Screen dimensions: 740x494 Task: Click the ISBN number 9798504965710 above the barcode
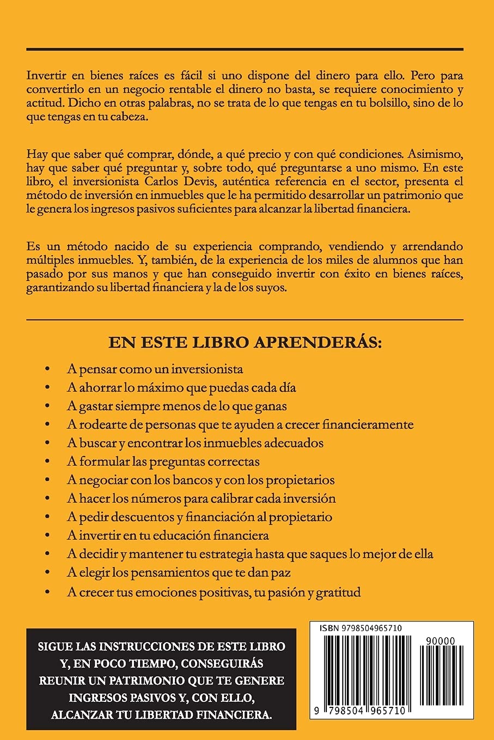click(370, 628)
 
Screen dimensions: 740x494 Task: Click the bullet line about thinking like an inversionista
click(155, 368)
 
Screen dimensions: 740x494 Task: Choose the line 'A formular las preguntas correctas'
click(163, 461)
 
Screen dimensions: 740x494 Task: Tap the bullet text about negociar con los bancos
click(200, 480)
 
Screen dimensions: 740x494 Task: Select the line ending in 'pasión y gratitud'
click(214, 591)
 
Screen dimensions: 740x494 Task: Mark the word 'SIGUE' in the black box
click(55, 647)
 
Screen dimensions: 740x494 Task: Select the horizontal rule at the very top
click(245, 50)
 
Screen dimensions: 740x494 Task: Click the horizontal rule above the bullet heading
click(245, 319)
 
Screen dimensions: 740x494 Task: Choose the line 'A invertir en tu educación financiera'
click(168, 535)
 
